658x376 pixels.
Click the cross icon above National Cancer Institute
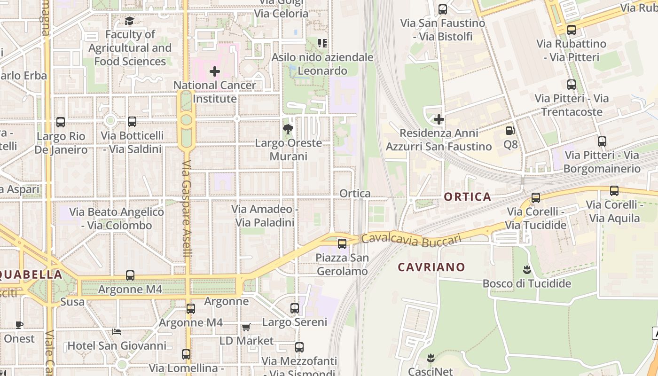click(x=215, y=71)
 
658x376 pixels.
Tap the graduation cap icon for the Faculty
click(x=129, y=21)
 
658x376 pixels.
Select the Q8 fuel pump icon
click(x=510, y=131)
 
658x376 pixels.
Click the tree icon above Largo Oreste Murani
click(x=288, y=129)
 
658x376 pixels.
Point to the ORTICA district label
click(x=467, y=197)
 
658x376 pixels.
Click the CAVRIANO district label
click(x=431, y=267)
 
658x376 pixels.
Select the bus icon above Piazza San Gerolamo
click(x=342, y=244)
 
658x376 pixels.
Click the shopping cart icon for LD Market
click(x=246, y=327)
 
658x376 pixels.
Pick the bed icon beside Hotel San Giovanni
click(x=117, y=332)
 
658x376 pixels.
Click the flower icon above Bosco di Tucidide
click(x=526, y=270)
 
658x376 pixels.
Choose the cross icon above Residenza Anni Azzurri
click(x=439, y=119)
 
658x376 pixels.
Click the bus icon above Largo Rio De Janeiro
click(x=61, y=122)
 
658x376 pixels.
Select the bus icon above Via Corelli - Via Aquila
click(x=614, y=191)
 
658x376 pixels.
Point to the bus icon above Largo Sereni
click(x=295, y=308)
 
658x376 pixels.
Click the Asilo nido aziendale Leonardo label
click(x=322, y=64)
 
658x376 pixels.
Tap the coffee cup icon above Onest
click(x=19, y=325)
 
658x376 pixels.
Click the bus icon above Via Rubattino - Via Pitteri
click(x=571, y=30)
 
